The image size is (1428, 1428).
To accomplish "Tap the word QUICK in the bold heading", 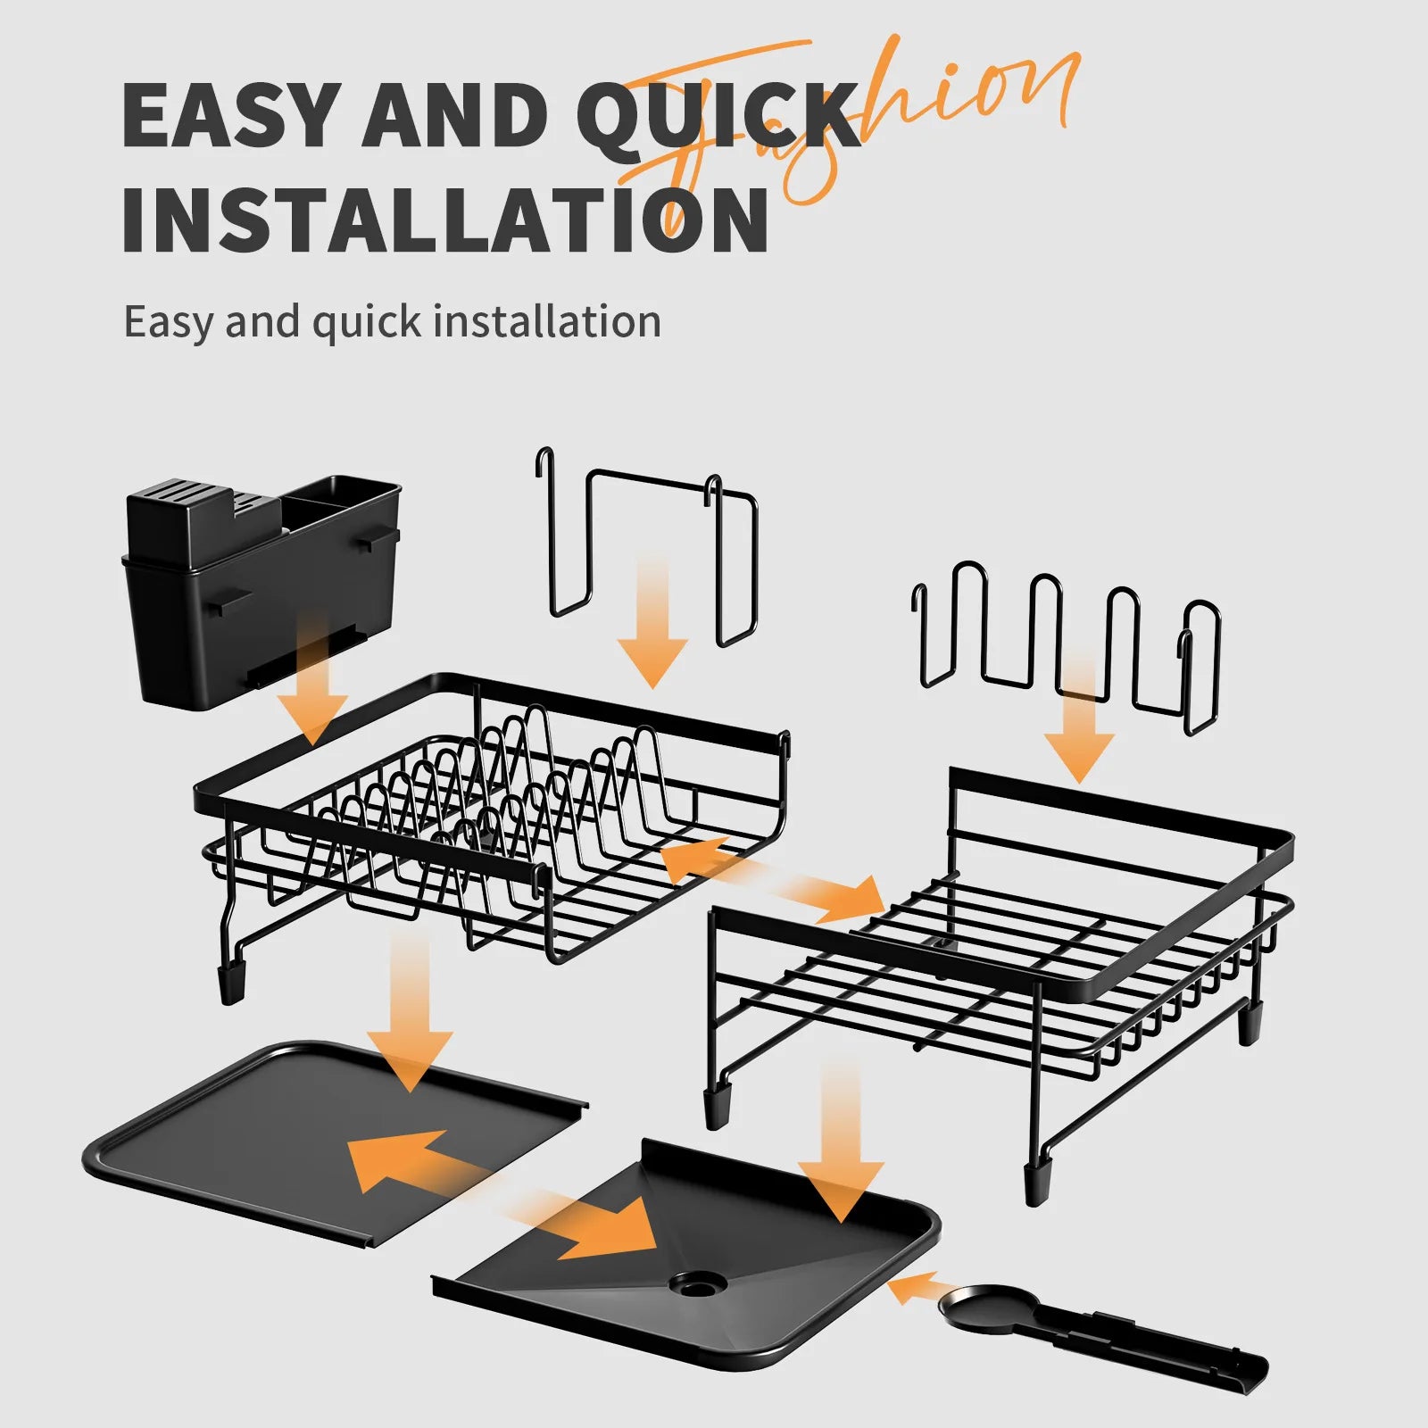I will pos(714,116).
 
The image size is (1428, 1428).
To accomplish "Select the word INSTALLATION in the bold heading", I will pos(444,219).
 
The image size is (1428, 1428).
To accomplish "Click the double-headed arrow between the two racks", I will pos(772,879).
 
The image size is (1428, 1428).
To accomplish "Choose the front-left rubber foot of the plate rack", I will pos(232,982).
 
